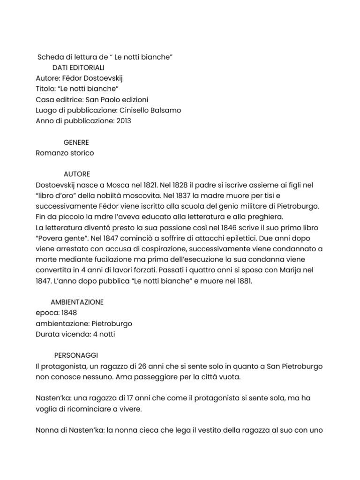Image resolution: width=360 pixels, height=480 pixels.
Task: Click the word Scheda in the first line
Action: tap(50, 57)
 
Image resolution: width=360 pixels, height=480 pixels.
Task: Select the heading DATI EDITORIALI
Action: tap(79, 67)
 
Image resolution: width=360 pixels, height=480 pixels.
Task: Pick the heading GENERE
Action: tap(76, 142)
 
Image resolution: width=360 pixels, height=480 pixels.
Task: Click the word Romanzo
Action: tap(51, 153)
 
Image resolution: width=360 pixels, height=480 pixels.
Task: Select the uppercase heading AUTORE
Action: tap(77, 174)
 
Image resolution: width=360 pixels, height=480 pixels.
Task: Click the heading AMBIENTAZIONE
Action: tap(77, 302)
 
